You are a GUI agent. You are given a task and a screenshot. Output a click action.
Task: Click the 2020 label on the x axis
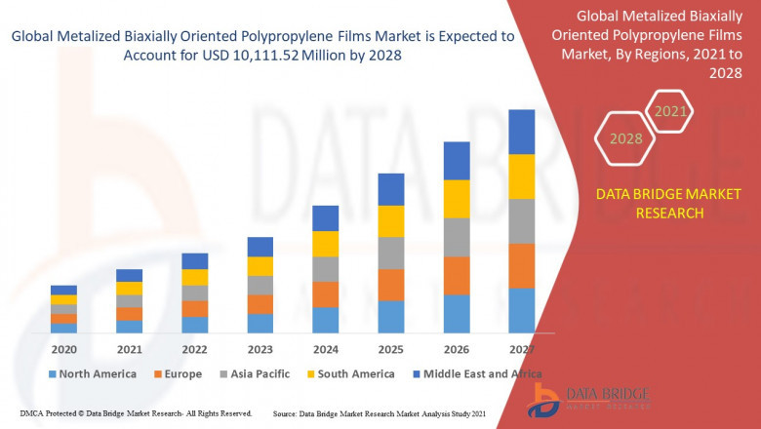click(63, 349)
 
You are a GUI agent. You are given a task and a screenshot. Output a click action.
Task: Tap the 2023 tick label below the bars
click(260, 349)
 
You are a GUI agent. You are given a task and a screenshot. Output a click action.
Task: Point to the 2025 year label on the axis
click(391, 349)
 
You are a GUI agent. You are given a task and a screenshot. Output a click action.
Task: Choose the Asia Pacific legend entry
click(259, 373)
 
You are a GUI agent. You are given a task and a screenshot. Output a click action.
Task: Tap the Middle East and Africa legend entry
click(474, 373)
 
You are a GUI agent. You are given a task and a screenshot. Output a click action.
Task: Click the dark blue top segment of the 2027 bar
click(522, 132)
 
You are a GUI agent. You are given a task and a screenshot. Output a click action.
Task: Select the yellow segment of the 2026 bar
click(457, 199)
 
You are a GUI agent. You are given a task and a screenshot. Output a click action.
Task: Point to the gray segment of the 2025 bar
click(391, 253)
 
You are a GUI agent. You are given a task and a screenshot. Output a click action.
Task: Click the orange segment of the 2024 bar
click(326, 294)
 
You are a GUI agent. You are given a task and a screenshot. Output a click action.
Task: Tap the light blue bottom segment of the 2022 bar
click(195, 325)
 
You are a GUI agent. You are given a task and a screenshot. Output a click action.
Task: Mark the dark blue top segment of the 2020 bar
click(63, 290)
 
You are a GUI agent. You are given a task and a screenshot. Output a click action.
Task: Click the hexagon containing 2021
click(670, 112)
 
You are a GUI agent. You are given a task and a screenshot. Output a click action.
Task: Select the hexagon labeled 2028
click(626, 138)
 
